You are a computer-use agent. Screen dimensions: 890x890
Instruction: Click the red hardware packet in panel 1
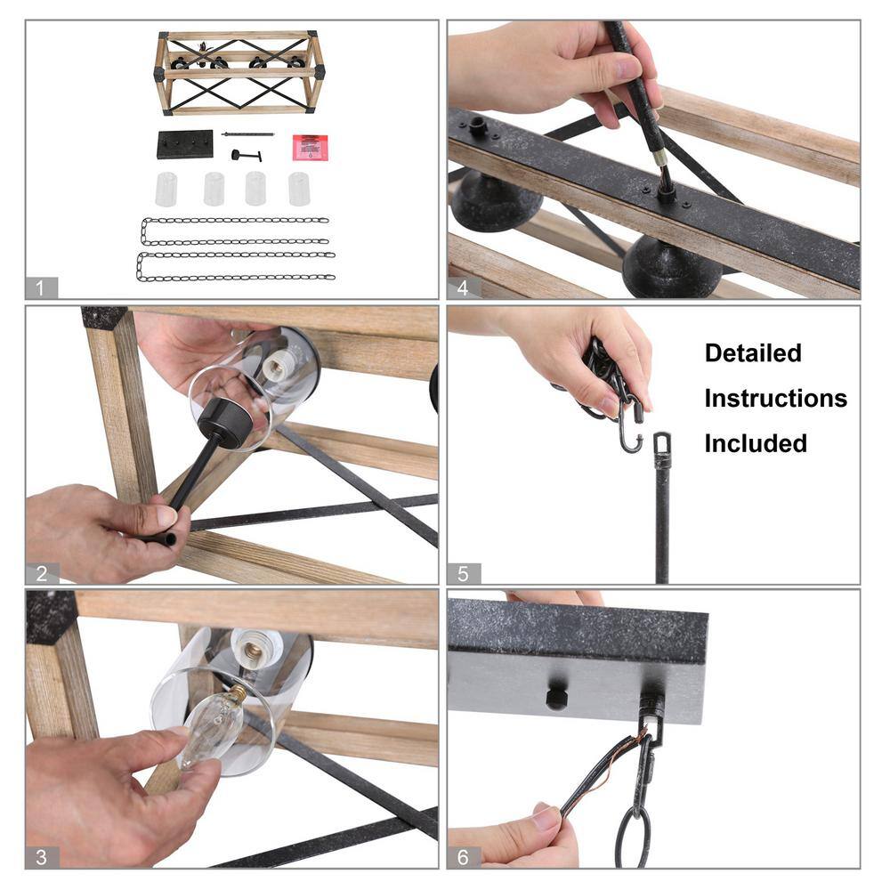(x=310, y=147)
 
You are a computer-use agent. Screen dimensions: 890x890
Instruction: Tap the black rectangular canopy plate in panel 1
(x=185, y=144)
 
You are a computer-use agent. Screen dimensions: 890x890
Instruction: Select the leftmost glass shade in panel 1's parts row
(x=166, y=189)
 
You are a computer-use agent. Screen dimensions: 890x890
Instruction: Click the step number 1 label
(x=41, y=287)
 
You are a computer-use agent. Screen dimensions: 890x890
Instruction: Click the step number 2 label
(x=42, y=573)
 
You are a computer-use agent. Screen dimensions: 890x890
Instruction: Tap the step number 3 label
(x=42, y=857)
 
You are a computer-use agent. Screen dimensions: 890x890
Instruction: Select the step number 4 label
(x=463, y=287)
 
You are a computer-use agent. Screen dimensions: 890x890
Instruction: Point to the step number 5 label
(x=463, y=573)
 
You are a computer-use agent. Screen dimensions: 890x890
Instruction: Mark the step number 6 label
(x=463, y=857)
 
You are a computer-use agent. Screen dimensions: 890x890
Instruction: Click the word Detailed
(x=753, y=353)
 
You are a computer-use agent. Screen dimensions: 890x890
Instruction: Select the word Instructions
(x=776, y=399)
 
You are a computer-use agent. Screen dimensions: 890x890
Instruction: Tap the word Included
(x=756, y=443)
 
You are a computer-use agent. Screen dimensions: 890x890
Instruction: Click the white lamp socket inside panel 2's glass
(x=281, y=363)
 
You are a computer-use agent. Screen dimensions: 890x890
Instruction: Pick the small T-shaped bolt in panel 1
(x=246, y=155)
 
